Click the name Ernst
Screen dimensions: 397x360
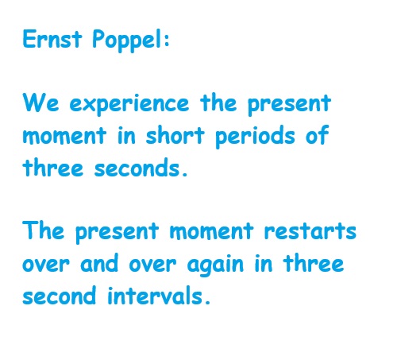click(x=52, y=39)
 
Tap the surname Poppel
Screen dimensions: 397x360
click(x=127, y=41)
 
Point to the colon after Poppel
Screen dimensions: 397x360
click(x=167, y=41)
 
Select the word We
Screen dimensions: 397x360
click(x=40, y=103)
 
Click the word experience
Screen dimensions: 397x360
click(x=129, y=105)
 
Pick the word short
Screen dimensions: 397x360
click(x=175, y=135)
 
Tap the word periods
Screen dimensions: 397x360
click(x=255, y=137)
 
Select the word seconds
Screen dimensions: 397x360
click(x=137, y=167)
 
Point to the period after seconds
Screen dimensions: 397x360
click(x=185, y=174)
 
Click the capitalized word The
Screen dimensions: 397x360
click(x=44, y=230)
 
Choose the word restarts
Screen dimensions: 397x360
click(x=310, y=231)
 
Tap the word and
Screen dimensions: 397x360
click(x=99, y=262)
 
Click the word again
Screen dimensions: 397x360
click(x=215, y=265)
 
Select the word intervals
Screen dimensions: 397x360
click(x=156, y=295)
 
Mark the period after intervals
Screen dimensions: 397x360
click(x=207, y=302)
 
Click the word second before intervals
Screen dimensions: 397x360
click(x=59, y=295)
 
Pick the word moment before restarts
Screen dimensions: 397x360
click(x=211, y=231)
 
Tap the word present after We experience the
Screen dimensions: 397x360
click(x=289, y=105)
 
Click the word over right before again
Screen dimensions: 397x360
click(x=152, y=264)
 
